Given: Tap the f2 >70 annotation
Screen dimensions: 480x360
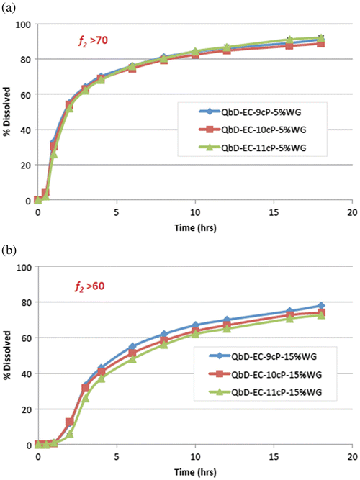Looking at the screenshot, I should coord(94,42).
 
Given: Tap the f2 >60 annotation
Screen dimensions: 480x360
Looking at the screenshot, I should coord(94,286).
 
